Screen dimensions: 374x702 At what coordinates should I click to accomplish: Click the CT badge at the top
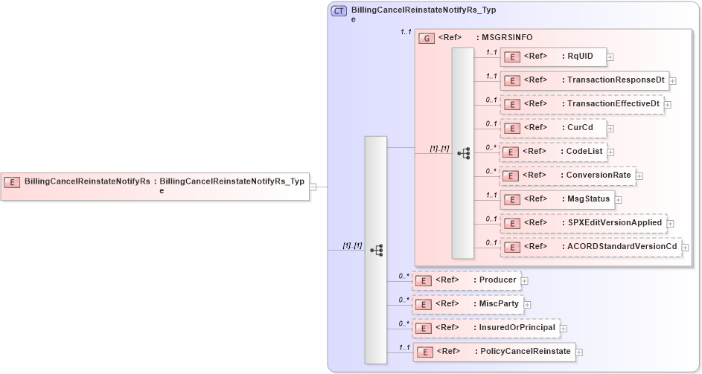click(x=339, y=10)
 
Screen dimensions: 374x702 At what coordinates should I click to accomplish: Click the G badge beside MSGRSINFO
click(x=427, y=38)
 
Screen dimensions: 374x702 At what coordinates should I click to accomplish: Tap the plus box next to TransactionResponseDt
click(x=672, y=80)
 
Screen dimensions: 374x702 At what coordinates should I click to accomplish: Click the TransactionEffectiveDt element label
click(x=613, y=104)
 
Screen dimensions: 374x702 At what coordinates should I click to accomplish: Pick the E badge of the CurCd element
click(x=511, y=129)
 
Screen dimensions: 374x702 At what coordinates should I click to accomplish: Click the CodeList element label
click(x=584, y=152)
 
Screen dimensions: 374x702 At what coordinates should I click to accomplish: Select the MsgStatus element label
click(x=588, y=199)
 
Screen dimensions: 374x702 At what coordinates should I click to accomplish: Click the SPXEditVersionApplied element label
click(x=614, y=223)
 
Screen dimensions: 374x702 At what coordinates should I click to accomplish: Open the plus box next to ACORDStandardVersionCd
click(x=686, y=247)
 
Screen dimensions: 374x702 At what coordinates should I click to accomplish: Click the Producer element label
click(x=498, y=280)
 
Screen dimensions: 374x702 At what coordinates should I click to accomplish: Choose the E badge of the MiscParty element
click(x=423, y=305)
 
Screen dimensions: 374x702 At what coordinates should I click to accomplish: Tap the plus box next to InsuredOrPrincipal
click(x=563, y=328)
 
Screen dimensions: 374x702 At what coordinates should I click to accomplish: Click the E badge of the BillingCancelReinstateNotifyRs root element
click(x=13, y=181)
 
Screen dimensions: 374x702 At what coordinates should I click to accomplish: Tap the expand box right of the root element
click(x=313, y=187)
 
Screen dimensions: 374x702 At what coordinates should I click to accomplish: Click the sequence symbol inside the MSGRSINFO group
click(x=463, y=153)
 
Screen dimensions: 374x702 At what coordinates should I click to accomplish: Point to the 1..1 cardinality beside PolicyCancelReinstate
click(x=405, y=347)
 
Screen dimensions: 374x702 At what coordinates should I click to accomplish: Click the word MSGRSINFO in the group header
click(x=508, y=38)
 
